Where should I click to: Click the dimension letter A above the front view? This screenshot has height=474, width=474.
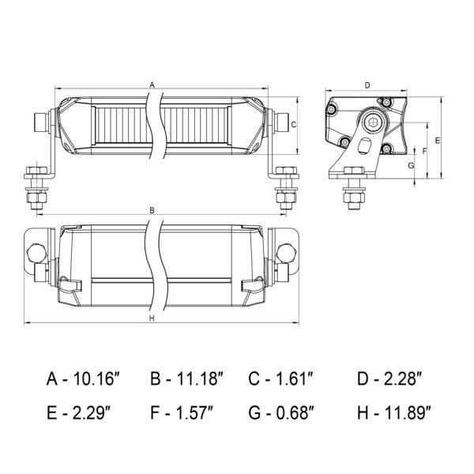click(x=152, y=85)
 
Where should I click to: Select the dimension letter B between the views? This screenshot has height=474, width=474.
click(x=152, y=210)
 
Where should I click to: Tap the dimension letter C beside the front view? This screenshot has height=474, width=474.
click(x=293, y=125)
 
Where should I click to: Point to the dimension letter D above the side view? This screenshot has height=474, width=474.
click(x=367, y=85)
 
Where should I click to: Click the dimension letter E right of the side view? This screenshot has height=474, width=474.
click(x=438, y=141)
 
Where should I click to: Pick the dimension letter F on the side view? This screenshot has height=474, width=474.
click(x=424, y=151)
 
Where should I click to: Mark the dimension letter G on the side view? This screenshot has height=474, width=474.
click(x=411, y=166)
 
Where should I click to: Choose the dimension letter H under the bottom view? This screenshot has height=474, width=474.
click(x=152, y=318)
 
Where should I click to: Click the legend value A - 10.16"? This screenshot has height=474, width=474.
click(x=84, y=378)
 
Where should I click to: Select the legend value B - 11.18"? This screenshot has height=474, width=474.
click(x=187, y=378)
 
